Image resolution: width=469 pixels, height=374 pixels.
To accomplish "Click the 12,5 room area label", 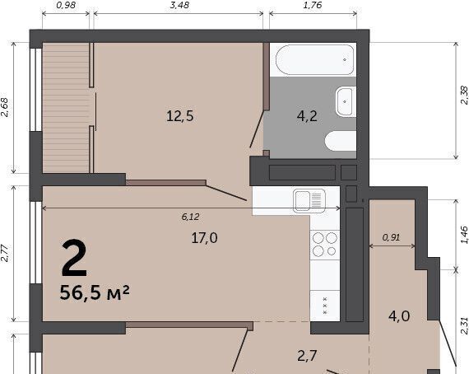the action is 179,116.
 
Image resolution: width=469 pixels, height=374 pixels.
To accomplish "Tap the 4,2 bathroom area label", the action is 307,116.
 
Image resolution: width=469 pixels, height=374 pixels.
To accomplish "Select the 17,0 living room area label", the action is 205,238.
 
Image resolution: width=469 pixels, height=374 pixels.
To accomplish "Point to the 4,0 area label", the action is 399,316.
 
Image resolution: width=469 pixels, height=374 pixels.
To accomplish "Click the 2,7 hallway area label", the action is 307,356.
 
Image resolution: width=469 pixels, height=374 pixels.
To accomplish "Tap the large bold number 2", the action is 74,258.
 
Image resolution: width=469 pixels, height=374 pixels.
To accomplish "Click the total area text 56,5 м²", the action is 95,292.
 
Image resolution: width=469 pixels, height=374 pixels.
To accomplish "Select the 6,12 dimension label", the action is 190,217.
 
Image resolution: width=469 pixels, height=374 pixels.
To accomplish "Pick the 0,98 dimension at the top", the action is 66,5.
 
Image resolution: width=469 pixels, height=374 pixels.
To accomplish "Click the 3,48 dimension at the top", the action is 179,5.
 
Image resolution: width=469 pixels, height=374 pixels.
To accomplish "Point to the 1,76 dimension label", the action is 313,5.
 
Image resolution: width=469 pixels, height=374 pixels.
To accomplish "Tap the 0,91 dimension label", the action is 391,238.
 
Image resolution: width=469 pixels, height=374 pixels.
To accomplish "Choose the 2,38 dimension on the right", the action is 464,96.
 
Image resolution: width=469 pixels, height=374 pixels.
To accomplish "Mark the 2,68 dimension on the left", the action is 5,107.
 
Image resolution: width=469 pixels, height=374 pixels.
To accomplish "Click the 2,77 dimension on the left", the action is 5,254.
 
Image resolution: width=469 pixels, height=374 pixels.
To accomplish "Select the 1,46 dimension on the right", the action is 464,235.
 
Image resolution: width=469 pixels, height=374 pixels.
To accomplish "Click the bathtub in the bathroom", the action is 314,60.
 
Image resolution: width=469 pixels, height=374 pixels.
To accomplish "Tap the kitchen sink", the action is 309,201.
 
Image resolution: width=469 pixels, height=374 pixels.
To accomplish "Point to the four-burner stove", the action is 325,245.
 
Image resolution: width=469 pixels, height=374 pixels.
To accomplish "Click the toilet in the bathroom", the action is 341,141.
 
